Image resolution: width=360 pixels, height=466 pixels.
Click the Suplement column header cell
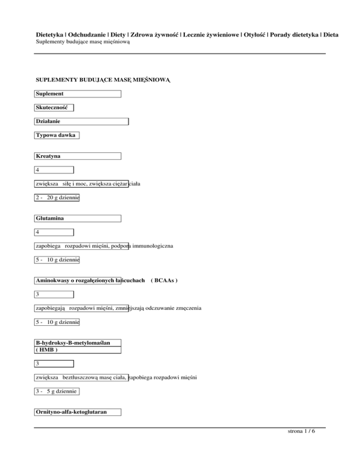(78, 94)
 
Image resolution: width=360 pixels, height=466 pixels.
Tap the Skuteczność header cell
(54, 108)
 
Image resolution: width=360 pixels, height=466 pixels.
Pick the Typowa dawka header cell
(57, 136)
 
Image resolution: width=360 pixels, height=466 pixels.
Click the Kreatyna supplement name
(78, 156)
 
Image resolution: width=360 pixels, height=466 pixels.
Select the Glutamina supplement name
(78, 218)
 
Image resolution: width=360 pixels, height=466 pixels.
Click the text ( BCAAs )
(164, 280)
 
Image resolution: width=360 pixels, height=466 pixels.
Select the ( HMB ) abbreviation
(47, 350)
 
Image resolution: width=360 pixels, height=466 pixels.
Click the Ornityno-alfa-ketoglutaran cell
(78, 412)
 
